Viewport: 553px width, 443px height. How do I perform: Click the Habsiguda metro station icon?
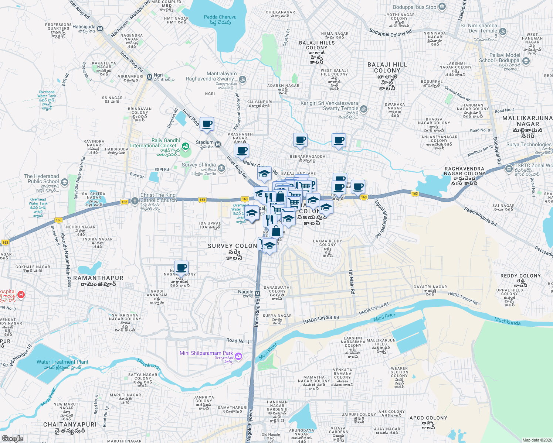click(100, 28)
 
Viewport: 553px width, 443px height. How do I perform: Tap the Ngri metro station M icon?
click(149, 77)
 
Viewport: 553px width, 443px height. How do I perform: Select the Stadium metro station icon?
click(218, 144)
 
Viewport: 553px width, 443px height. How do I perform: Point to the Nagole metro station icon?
click(258, 294)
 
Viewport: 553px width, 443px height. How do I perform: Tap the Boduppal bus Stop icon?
click(442, 7)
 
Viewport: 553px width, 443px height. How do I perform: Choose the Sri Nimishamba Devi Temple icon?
click(503, 31)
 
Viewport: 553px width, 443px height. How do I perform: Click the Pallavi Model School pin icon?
click(526, 61)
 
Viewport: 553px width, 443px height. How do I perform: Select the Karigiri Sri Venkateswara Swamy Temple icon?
click(364, 109)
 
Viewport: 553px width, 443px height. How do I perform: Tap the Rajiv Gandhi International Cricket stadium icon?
click(186, 147)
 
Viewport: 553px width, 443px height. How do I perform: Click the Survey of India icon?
click(221, 168)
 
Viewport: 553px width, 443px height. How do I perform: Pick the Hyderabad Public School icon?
click(65, 182)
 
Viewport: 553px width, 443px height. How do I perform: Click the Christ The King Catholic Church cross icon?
click(135, 203)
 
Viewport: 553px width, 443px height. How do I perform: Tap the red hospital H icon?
click(21, 295)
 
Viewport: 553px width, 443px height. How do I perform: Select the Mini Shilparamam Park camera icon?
click(238, 356)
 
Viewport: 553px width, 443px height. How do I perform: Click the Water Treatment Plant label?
click(62, 362)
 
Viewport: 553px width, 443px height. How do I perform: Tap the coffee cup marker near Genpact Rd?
click(207, 124)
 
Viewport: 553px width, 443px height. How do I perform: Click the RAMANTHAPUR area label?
click(98, 278)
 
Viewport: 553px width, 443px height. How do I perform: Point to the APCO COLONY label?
click(428, 418)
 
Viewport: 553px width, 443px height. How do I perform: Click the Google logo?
click(12, 438)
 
